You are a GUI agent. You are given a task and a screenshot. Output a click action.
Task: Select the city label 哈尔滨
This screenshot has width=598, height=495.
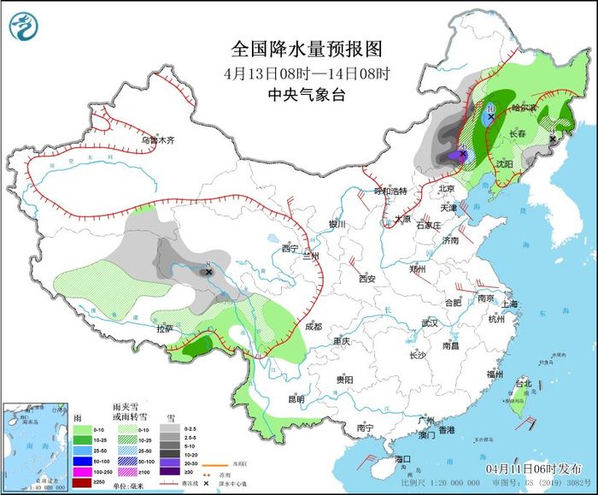coord(523,109)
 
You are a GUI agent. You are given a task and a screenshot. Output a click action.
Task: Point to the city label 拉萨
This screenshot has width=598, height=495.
coord(164,327)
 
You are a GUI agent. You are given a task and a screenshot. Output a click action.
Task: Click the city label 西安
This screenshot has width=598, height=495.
coord(367,278)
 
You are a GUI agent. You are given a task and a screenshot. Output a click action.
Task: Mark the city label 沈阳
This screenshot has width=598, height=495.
coord(504,162)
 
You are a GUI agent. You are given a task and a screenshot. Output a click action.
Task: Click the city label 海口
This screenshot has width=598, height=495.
coord(402,458)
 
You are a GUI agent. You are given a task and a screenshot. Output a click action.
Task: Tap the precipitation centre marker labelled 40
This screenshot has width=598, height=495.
coord(462,154)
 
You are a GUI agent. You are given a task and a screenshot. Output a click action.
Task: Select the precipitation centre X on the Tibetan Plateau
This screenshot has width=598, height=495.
coord(208,271)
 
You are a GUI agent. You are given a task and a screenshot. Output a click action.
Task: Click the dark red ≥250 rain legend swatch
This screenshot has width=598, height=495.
coord(81,482)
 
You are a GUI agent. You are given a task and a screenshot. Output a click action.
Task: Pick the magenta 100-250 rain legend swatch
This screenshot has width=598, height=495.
coord(81,471)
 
